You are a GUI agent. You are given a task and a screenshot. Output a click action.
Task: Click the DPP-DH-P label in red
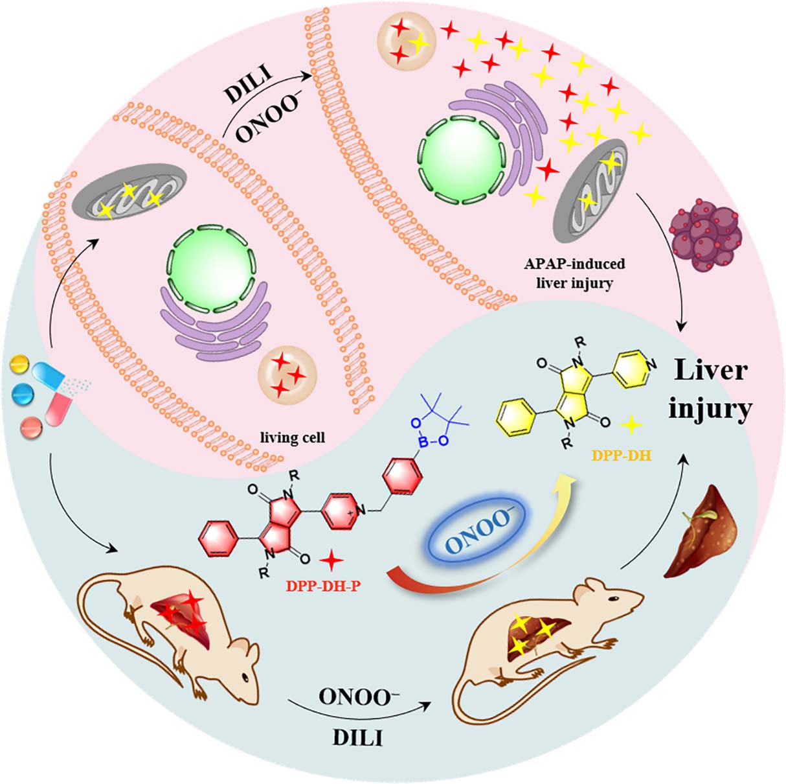point(319,587)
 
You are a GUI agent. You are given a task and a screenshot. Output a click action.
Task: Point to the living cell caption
point(292,438)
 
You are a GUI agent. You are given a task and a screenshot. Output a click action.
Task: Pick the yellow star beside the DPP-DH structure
point(631,424)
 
